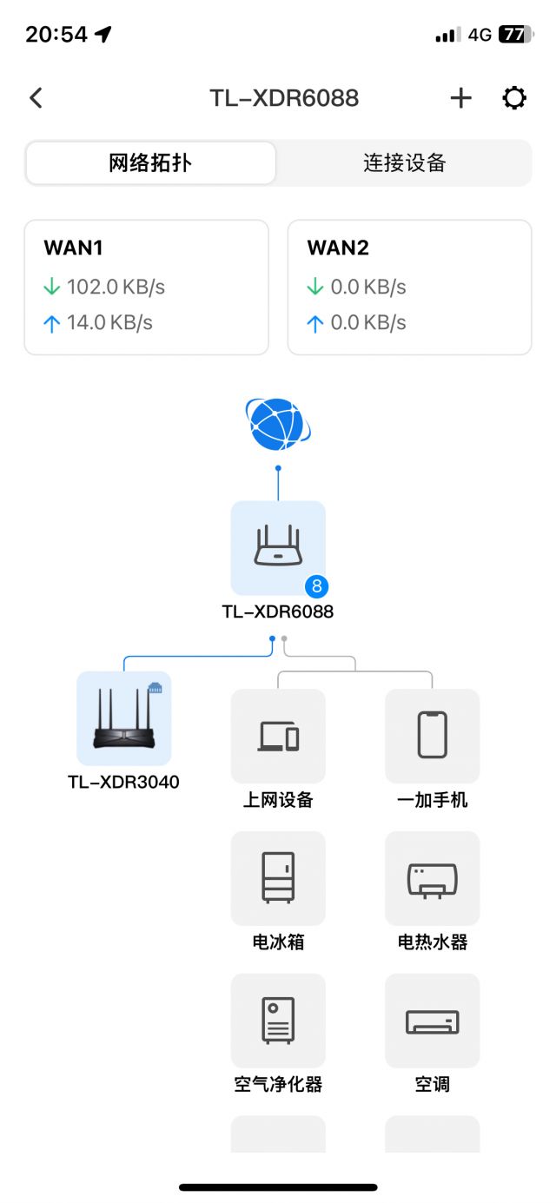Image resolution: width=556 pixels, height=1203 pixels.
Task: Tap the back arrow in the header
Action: pos(36,98)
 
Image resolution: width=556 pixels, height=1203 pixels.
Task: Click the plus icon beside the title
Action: pos(460,98)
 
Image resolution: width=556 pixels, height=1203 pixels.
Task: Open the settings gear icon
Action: pos(514,98)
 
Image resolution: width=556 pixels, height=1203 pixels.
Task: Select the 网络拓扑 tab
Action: pos(150,163)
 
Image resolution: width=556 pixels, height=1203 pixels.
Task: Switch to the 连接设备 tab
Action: pos(404,163)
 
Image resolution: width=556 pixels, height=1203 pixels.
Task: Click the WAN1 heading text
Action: pos(74,248)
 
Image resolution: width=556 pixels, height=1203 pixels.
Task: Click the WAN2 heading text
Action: pos(338,248)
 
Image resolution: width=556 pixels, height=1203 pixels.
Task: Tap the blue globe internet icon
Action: pos(277,425)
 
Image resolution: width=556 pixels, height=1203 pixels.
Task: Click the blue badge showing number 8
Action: pos(316,586)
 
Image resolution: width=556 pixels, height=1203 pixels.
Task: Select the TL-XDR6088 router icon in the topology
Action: pos(278,547)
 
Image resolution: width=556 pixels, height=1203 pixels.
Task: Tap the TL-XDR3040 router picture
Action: pos(124,718)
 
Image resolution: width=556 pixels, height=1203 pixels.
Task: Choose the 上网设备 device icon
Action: pos(278,736)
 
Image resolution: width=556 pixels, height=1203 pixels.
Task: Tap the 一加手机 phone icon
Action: pos(432,736)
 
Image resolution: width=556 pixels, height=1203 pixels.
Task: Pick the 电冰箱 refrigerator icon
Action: pos(278,878)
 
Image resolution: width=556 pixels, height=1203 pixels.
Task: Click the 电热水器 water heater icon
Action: pos(432,878)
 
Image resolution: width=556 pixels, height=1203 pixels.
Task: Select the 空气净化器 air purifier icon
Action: pos(278,1021)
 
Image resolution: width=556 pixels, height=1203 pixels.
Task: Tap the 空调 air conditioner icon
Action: pos(432,1021)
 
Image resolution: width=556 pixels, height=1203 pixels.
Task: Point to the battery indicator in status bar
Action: pos(515,35)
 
